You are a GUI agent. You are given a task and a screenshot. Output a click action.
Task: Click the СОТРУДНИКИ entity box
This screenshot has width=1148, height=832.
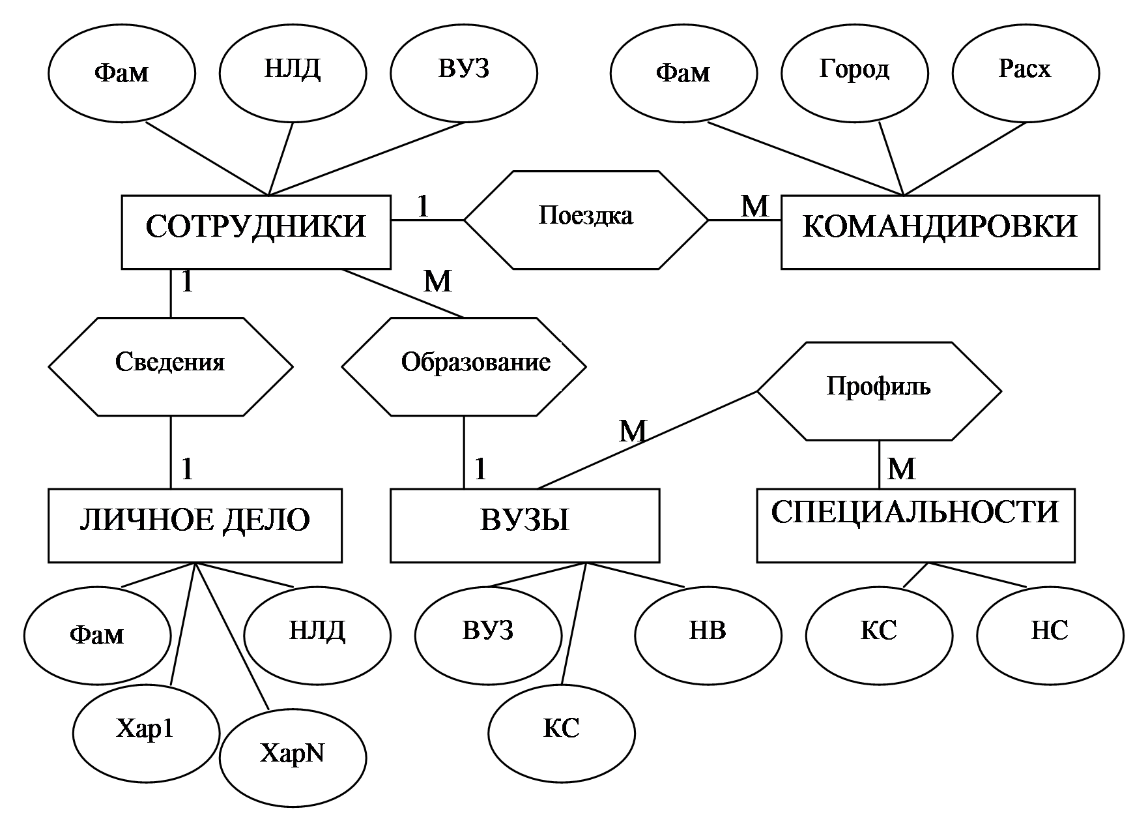click(x=256, y=231)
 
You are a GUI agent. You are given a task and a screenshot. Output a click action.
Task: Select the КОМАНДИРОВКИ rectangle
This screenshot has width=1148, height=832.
click(x=940, y=231)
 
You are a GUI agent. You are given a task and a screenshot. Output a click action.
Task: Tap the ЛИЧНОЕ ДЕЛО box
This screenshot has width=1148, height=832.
click(x=195, y=525)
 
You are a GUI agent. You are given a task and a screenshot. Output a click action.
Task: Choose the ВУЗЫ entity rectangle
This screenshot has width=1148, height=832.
click(x=524, y=525)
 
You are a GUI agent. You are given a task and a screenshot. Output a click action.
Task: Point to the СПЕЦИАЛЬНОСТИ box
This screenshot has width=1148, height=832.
click(x=915, y=525)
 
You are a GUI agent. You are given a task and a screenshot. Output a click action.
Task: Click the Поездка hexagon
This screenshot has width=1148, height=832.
click(x=586, y=220)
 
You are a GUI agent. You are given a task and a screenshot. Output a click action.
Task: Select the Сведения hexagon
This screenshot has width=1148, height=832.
click(x=171, y=366)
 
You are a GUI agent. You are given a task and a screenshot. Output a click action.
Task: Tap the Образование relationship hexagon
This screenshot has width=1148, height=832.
click(x=464, y=366)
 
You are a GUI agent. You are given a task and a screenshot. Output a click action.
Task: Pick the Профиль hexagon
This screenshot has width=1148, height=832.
click(x=879, y=391)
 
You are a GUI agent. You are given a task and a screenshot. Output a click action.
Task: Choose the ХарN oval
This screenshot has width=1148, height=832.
click(x=293, y=757)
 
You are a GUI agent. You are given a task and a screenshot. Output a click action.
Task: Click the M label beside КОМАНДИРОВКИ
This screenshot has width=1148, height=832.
click(x=756, y=207)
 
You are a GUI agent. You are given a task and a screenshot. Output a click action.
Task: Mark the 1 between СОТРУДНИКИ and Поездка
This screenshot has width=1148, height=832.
click(x=423, y=207)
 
